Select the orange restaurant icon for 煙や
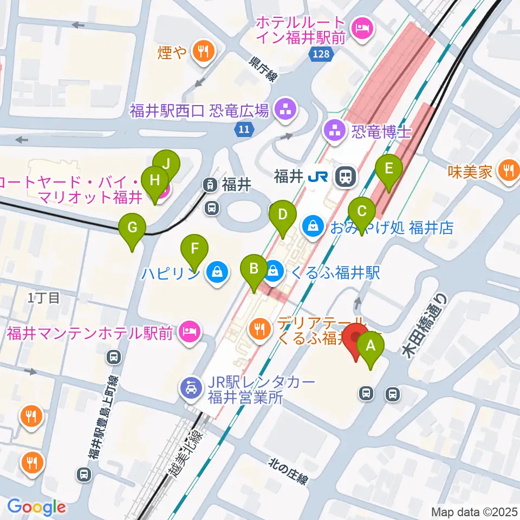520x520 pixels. (x=205, y=51)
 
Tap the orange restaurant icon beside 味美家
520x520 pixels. (x=509, y=172)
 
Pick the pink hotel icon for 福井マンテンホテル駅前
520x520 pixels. (x=190, y=330)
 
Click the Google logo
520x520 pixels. (x=36, y=506)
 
